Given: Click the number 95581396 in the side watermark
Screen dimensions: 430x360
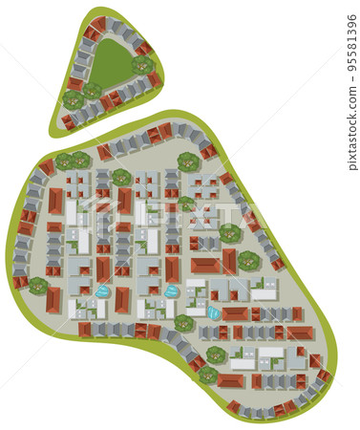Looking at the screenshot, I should pyautogui.click(x=351, y=38).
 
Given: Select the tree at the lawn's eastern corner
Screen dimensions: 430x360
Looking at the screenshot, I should pyautogui.click(x=143, y=64).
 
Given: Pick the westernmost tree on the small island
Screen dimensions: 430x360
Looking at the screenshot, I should pyautogui.click(x=73, y=98).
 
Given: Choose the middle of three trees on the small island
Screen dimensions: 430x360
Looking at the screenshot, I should pyautogui.click(x=92, y=92).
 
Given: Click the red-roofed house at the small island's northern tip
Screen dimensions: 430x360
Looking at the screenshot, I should pyautogui.click(x=98, y=24).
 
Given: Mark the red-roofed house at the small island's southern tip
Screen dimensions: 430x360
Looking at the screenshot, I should pyautogui.click(x=68, y=122).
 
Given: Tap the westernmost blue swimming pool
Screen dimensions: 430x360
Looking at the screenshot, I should pyautogui.click(x=102, y=290).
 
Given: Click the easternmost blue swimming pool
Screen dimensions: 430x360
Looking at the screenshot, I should pyautogui.click(x=214, y=312).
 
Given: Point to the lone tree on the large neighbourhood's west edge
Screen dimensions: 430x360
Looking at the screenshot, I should pyautogui.click(x=38, y=285).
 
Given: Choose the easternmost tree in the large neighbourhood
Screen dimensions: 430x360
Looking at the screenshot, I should pyautogui.click(x=249, y=260).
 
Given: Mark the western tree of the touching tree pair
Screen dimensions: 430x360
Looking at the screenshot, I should pyautogui.click(x=64, y=161).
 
